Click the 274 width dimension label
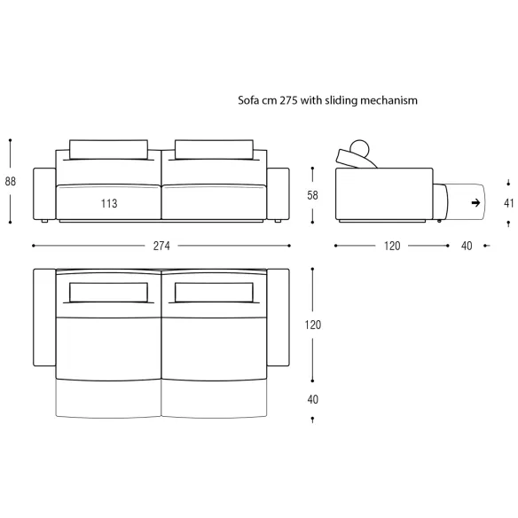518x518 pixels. click(x=161, y=246)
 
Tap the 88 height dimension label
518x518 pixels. click(x=11, y=181)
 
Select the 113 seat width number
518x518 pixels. click(x=109, y=203)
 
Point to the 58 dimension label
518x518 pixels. click(x=312, y=195)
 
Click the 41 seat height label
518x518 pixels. click(x=509, y=203)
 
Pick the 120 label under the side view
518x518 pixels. click(x=392, y=246)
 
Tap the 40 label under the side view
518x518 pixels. click(x=467, y=246)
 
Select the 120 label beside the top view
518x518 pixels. click(x=313, y=325)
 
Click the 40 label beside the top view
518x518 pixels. click(x=312, y=399)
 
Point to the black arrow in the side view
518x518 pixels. click(x=475, y=202)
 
